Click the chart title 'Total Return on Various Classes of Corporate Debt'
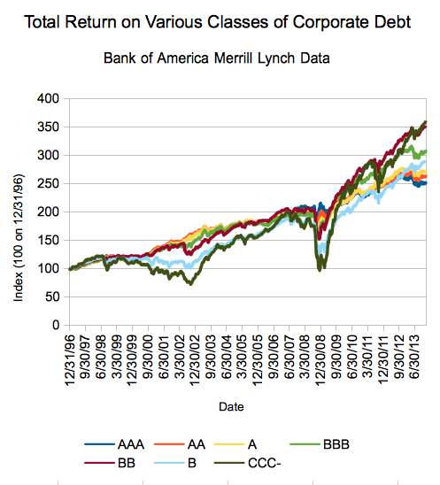coord(217,22)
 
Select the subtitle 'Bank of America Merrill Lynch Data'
coord(217,58)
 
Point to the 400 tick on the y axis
coord(48,98)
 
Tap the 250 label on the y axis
coord(48,183)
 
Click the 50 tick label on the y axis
coord(52,296)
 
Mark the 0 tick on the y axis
coord(56,325)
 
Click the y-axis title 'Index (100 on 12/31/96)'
coord(19,237)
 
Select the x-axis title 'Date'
coord(231,406)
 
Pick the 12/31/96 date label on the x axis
coord(70,360)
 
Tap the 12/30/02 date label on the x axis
coord(196,360)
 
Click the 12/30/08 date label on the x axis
coord(320,360)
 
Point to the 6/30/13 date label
coord(415,357)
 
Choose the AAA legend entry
coord(114,444)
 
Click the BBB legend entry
coord(320,444)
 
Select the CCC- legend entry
coord(248,463)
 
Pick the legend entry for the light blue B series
coord(174,463)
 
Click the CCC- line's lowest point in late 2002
coord(190,284)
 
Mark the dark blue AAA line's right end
coord(426,183)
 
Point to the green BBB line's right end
coord(426,151)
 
